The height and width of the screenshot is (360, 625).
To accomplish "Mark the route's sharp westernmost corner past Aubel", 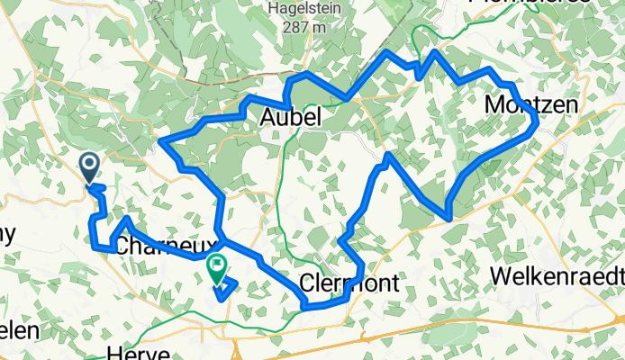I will [161, 140].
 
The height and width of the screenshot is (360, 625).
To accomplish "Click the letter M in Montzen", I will [493, 103].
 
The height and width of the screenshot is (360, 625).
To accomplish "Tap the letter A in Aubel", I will [268, 118].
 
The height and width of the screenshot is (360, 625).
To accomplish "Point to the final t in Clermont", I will [396, 282].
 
